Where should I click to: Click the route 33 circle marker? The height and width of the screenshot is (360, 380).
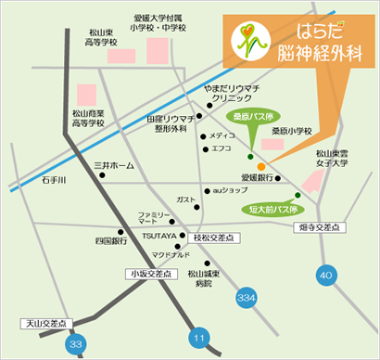75,343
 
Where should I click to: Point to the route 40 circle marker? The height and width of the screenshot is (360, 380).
324,275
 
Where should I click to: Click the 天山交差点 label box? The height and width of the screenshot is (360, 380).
44,324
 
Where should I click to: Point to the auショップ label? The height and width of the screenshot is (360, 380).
230,190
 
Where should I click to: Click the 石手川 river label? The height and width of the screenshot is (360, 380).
30,181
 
